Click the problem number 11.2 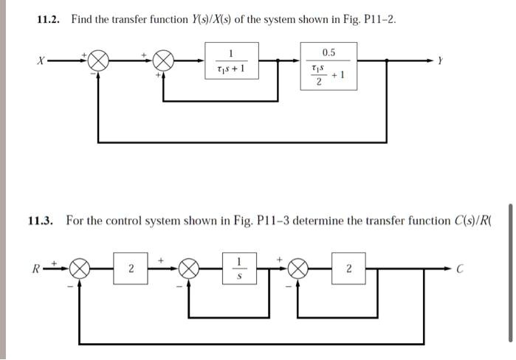(x=50, y=19)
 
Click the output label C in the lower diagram (x=458, y=269)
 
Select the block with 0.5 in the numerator (x=328, y=66)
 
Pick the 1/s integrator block (x=238, y=268)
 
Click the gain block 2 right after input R (x=131, y=268)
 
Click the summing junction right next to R (x=79, y=268)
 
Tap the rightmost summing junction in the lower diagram (x=297, y=268)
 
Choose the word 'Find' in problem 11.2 (x=83, y=19)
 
